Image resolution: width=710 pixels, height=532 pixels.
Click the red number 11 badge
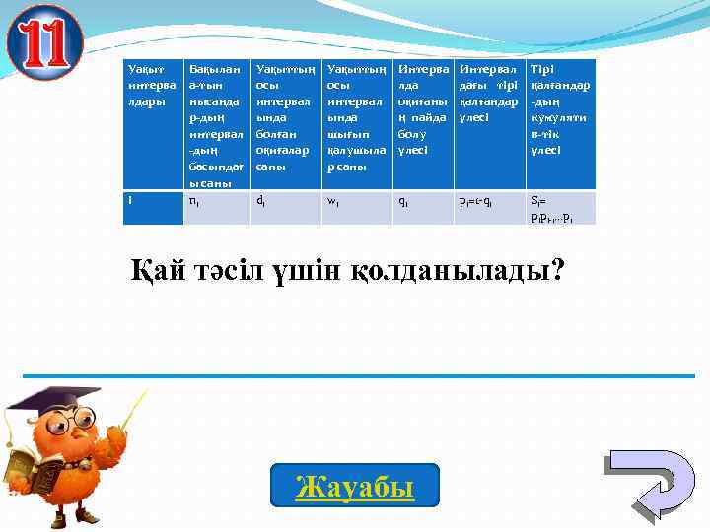coord(44,42)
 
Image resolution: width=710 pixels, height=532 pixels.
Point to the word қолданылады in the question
coord(461,269)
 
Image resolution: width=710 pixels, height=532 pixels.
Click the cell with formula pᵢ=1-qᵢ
coord(489,208)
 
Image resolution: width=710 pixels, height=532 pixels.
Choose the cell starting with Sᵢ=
coord(561,208)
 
